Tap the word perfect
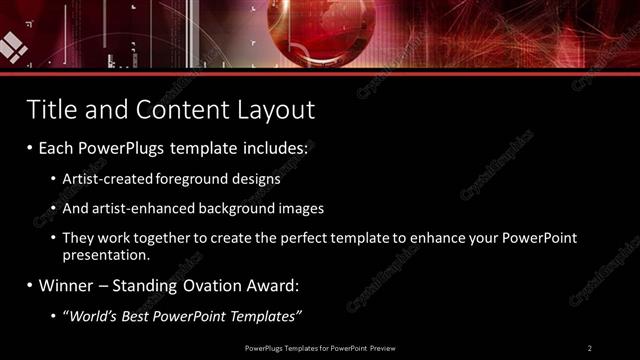pos(288,240)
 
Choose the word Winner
pos(68,286)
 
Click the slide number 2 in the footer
pos(590,347)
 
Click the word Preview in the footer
pos(381,347)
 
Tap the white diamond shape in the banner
pos(12,45)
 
